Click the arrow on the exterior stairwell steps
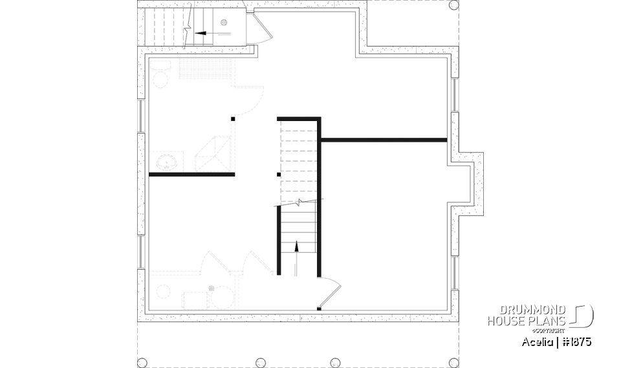205,32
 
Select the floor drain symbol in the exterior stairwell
224,23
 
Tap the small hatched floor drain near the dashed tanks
212,288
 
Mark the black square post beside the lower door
319,308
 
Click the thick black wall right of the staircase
383,139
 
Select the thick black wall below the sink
191,174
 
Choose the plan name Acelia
538,341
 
